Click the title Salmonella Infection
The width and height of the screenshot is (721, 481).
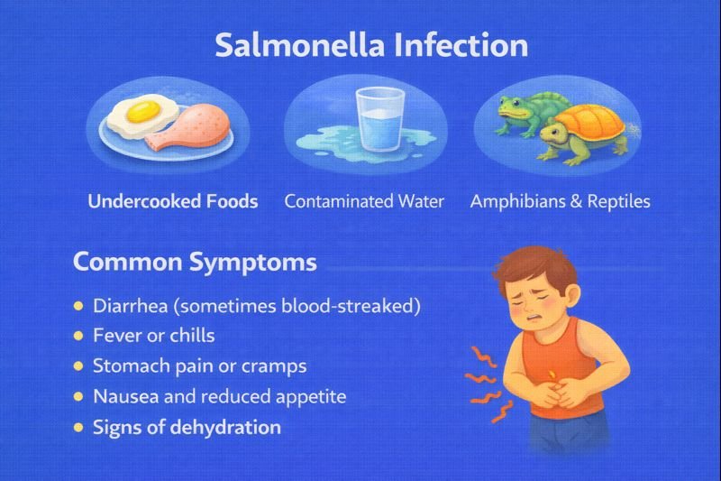tap(371, 46)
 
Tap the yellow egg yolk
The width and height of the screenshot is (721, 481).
tap(140, 113)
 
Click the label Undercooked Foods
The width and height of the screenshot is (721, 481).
tap(173, 201)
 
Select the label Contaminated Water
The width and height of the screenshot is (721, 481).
tap(364, 201)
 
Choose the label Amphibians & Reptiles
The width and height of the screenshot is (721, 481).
tap(560, 201)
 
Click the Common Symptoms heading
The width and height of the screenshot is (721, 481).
tap(194, 262)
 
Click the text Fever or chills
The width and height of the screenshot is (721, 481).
tap(154, 336)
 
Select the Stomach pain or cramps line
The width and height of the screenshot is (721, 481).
tap(200, 366)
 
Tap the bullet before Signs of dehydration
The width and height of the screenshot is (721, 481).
tap(78, 427)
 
